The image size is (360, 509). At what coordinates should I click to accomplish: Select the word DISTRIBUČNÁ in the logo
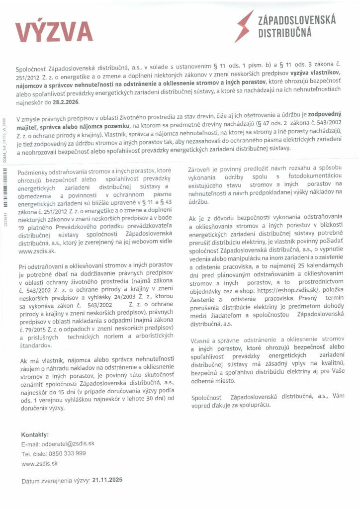(x=284, y=33)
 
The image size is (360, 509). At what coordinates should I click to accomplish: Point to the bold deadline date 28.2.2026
(x=65, y=102)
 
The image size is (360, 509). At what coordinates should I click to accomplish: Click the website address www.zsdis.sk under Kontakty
(x=40, y=463)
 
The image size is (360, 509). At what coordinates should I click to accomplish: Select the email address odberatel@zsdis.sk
(x=66, y=443)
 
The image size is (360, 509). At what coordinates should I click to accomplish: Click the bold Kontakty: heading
(x=35, y=434)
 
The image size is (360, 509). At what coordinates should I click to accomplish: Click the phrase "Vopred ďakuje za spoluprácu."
(x=231, y=406)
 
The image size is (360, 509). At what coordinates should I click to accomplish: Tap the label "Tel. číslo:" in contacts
(x=33, y=453)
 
